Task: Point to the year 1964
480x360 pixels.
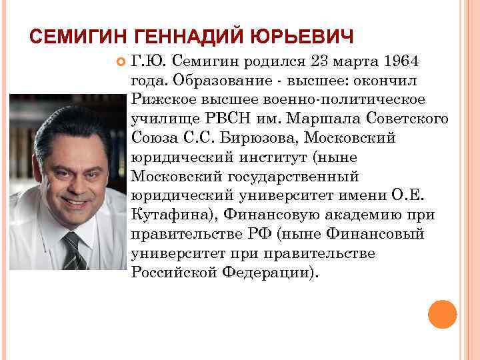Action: (401, 62)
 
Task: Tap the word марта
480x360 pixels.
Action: (358, 62)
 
